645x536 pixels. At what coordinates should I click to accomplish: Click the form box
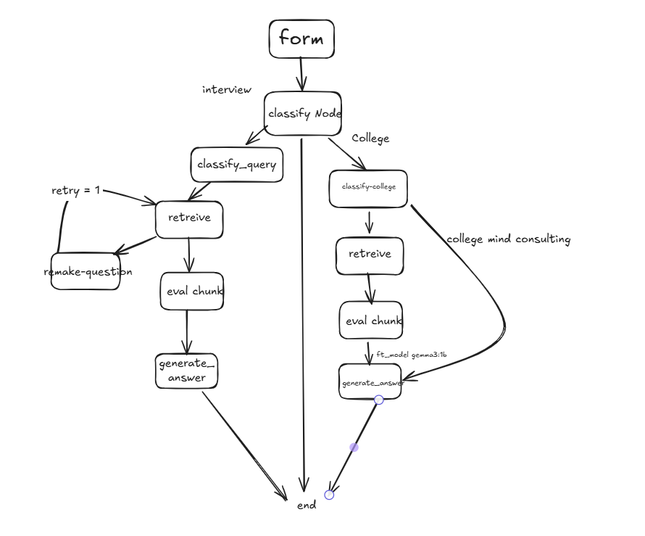click(x=301, y=38)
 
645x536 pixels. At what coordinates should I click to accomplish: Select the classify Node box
click(x=303, y=114)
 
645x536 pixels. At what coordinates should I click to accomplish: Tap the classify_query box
click(x=237, y=165)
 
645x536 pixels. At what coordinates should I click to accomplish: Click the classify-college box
click(x=368, y=189)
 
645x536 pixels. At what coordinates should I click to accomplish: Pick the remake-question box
click(x=86, y=271)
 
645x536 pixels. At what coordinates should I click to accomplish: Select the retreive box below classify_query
click(x=189, y=220)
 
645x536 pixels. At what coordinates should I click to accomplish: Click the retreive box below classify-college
click(x=370, y=255)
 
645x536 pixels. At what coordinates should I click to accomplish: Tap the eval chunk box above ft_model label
click(x=371, y=320)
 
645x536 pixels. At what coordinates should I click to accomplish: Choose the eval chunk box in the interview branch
click(x=192, y=291)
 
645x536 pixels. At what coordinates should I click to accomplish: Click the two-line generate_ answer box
click(x=186, y=371)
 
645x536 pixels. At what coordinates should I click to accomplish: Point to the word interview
click(x=227, y=89)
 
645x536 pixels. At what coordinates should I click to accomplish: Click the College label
click(x=370, y=139)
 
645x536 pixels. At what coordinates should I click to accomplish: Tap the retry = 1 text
click(x=75, y=190)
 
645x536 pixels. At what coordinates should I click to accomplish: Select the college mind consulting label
click(x=509, y=239)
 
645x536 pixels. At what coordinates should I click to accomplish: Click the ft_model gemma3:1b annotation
click(x=412, y=355)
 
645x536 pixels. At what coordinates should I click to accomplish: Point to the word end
click(x=307, y=505)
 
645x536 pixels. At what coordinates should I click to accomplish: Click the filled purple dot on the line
click(x=354, y=448)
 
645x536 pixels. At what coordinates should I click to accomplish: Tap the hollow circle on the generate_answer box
click(x=379, y=400)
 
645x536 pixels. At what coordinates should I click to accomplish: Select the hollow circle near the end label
click(x=329, y=495)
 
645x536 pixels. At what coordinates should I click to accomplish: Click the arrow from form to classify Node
click(x=301, y=74)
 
